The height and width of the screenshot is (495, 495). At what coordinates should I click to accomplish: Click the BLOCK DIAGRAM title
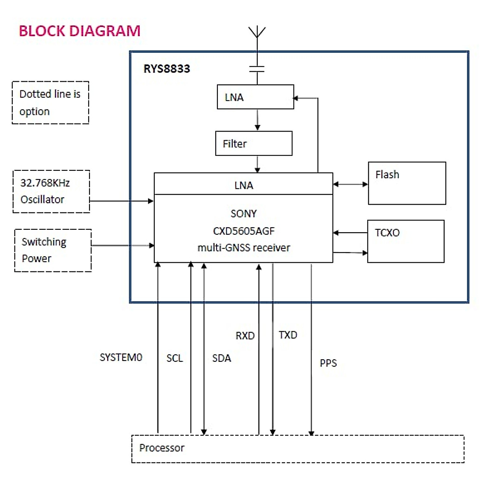80,31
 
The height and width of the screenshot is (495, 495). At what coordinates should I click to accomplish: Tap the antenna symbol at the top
257,32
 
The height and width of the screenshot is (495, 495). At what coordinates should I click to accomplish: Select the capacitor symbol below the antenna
257,69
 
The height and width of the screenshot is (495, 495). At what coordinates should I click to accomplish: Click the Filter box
254,144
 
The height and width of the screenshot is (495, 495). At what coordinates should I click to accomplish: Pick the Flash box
407,183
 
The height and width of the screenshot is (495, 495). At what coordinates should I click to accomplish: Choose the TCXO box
405,241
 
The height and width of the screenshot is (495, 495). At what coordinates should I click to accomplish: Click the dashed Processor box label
162,448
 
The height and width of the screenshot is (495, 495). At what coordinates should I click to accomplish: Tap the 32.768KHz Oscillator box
51,191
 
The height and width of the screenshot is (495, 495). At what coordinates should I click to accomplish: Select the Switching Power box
53,250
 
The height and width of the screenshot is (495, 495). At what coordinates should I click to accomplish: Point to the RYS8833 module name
167,69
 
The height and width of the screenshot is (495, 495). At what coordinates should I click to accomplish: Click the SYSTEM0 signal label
121,357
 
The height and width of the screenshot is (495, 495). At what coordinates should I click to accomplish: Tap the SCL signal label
174,358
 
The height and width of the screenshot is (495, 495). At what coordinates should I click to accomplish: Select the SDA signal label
222,358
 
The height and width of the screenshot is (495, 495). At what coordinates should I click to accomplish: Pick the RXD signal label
245,336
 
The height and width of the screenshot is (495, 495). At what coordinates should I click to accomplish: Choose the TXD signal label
288,335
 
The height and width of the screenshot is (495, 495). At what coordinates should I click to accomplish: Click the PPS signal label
328,363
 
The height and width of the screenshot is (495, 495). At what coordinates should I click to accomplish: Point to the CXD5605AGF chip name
244,231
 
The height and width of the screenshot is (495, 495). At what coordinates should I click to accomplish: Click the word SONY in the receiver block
244,214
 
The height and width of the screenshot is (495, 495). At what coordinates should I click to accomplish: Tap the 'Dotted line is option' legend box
50,103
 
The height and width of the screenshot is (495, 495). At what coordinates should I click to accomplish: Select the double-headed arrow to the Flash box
350,184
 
